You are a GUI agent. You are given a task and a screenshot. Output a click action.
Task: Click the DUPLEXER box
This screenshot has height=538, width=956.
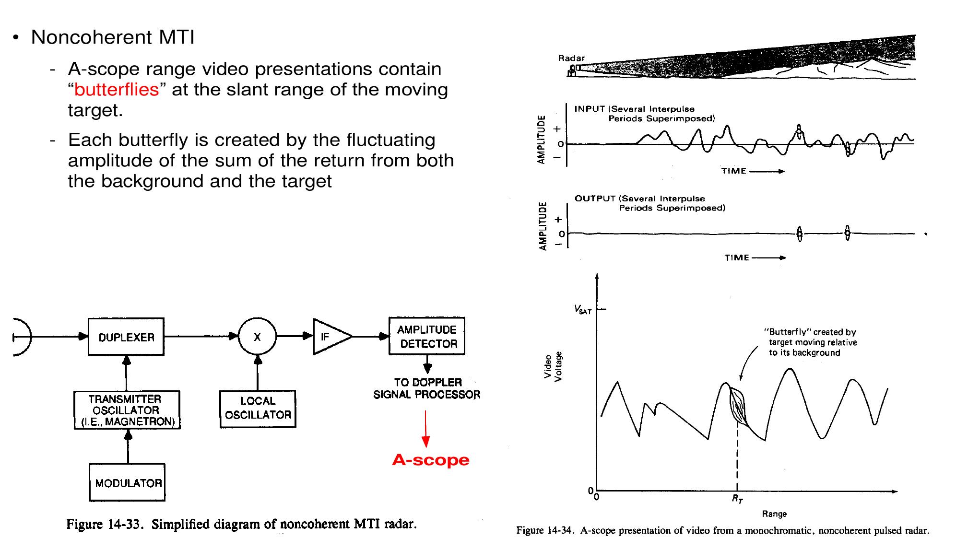pyautogui.click(x=126, y=337)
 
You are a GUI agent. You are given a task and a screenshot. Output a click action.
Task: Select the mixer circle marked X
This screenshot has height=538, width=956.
pyautogui.click(x=258, y=337)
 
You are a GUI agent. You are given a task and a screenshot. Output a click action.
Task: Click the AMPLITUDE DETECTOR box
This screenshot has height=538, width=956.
pyautogui.click(x=427, y=336)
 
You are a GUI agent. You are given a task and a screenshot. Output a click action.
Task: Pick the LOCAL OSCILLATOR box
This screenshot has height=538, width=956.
pyautogui.click(x=258, y=409)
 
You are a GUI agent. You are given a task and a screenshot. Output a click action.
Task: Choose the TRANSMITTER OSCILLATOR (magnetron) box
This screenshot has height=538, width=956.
pyautogui.click(x=127, y=410)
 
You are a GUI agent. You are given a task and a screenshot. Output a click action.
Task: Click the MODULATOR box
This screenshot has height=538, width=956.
pyautogui.click(x=127, y=482)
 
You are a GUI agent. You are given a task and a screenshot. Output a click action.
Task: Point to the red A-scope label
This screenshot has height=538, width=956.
pyautogui.click(x=430, y=460)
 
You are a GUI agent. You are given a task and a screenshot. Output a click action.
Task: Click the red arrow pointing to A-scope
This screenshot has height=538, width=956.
pyautogui.click(x=425, y=429)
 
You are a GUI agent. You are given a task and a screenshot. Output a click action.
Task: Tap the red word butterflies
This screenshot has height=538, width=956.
pyautogui.click(x=117, y=90)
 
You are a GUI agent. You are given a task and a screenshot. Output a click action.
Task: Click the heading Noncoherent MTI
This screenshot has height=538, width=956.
pyautogui.click(x=113, y=37)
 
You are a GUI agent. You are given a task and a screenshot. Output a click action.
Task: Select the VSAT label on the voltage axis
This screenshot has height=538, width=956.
pyautogui.click(x=583, y=310)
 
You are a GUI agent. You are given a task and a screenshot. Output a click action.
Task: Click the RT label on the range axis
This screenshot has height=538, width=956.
pyautogui.click(x=737, y=499)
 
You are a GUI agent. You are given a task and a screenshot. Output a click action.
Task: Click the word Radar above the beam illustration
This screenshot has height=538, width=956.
pyautogui.click(x=571, y=58)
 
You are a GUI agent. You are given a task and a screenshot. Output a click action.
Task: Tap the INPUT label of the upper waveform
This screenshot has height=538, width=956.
pyautogui.click(x=589, y=109)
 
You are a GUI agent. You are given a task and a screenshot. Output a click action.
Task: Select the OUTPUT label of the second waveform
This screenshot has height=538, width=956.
pyautogui.click(x=595, y=199)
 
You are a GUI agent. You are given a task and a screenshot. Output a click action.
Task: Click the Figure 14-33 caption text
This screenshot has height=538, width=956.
pyautogui.click(x=241, y=524)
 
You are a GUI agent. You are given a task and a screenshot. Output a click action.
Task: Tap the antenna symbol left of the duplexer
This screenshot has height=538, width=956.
pyautogui.click(x=22, y=337)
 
